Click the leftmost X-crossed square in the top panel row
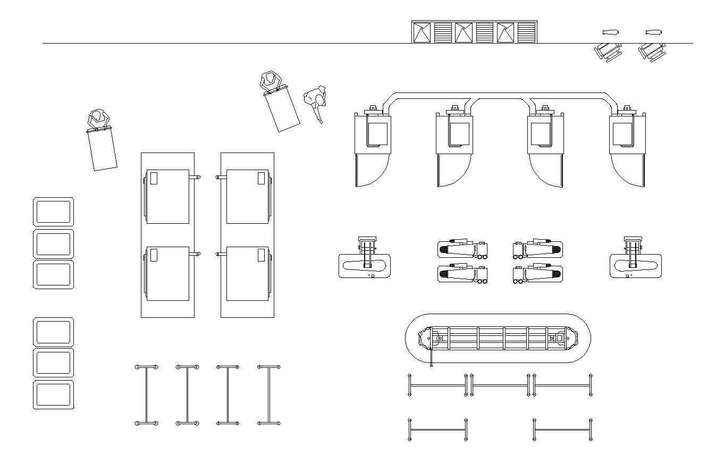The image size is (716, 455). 422,32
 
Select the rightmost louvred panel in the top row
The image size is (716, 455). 526,32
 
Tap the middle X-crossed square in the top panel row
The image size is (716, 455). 464,32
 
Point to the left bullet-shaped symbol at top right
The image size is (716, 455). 611,32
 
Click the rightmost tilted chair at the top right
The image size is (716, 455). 652,52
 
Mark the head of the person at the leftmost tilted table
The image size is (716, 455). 97,116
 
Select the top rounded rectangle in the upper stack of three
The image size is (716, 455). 53,212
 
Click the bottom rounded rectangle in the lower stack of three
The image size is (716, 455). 53,395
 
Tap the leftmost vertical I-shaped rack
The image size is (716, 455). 146,395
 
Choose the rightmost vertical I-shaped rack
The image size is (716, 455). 268,395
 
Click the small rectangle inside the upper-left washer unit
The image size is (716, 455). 154,178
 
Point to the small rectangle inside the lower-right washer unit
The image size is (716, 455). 261,255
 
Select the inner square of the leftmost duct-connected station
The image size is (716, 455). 377,133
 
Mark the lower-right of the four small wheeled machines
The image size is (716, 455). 538,274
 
